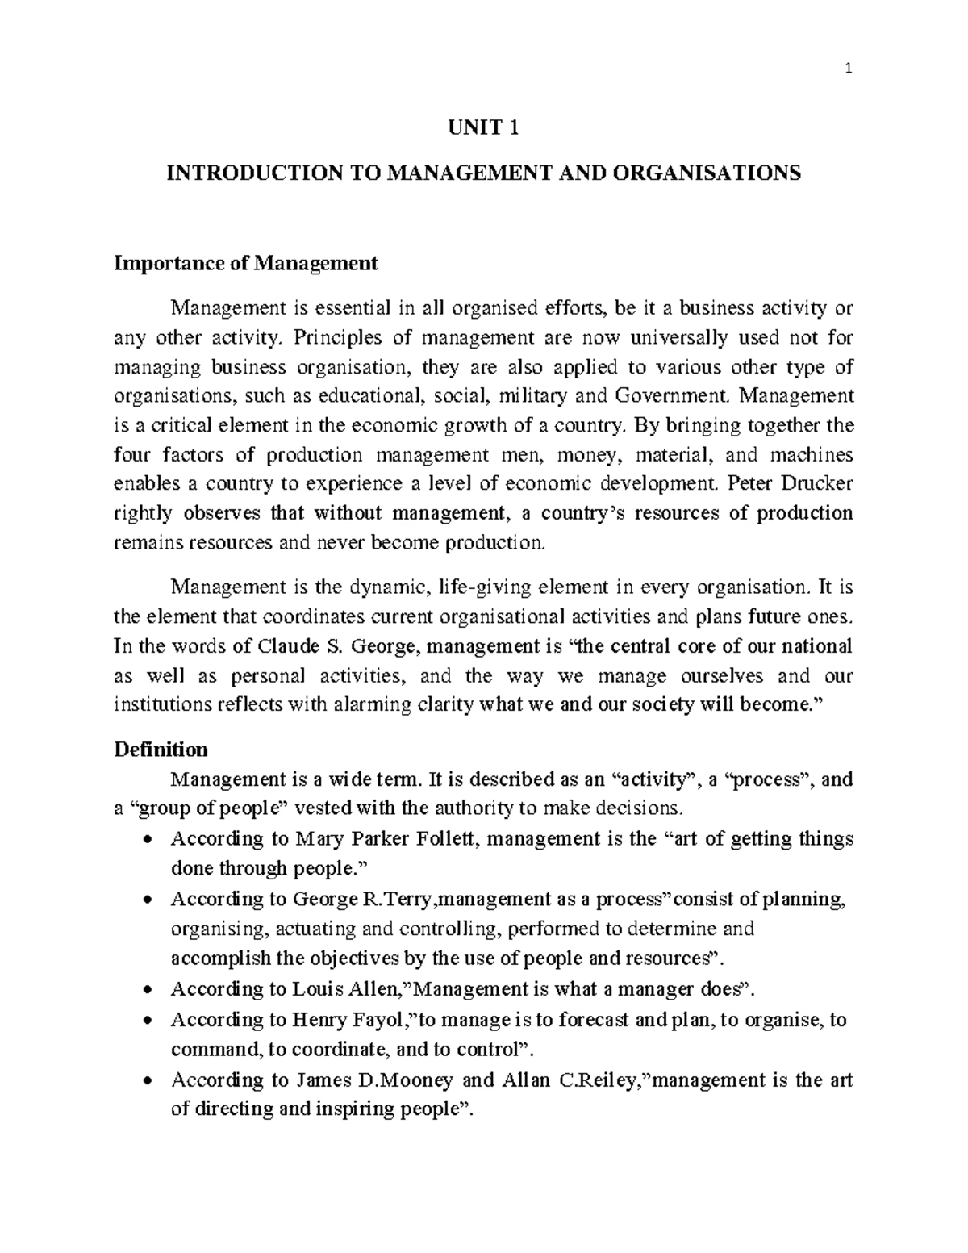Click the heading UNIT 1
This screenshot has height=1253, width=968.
(x=482, y=127)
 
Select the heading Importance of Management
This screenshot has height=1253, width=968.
(x=246, y=263)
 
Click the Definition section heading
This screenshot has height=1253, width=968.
(x=161, y=750)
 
